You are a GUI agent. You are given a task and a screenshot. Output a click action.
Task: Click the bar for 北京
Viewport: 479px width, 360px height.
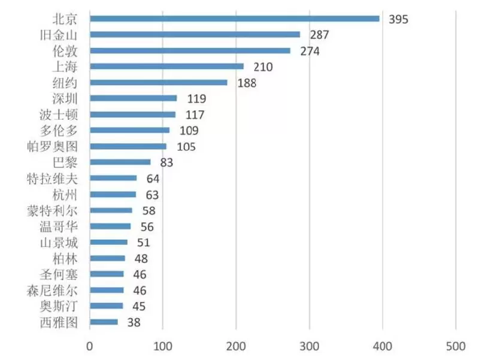[234, 19]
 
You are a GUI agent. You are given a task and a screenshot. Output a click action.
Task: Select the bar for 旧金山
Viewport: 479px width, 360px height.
[195, 35]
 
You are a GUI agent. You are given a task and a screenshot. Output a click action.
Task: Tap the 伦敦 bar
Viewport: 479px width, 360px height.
[190, 51]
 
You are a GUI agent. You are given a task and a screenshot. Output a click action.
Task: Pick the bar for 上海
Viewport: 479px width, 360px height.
[166, 66]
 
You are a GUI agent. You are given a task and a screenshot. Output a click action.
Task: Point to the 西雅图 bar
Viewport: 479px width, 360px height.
[104, 322]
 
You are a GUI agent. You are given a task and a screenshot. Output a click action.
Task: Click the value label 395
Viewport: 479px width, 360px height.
[398, 19]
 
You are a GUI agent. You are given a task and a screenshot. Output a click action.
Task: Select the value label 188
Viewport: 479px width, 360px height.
[246, 83]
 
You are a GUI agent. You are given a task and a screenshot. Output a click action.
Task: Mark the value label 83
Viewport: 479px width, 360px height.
[166, 163]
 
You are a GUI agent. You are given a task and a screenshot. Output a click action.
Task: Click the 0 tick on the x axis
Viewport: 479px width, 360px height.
[90, 346]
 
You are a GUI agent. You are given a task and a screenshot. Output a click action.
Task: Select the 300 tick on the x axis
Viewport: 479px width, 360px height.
[309, 346]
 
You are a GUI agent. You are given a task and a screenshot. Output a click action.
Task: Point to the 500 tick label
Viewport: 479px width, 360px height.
[455, 346]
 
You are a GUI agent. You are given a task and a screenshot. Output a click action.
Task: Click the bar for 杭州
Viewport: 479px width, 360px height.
[113, 195]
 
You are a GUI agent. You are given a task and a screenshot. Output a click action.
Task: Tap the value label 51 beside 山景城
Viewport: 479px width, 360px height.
[143, 243]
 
